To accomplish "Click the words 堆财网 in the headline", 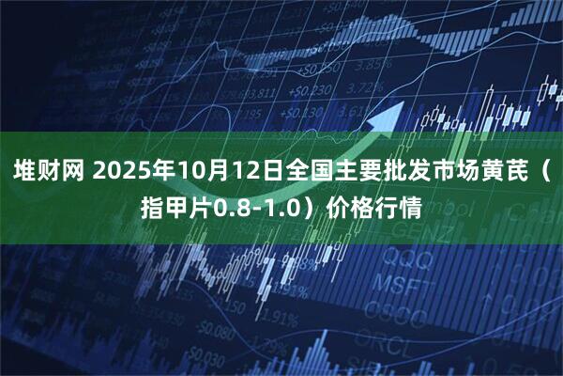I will pos(48,174).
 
